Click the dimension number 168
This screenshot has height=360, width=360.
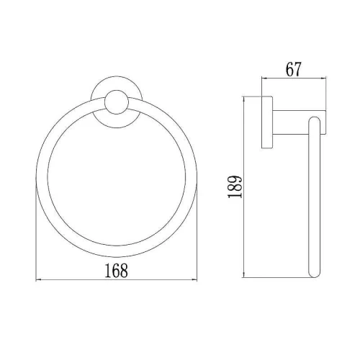coord(116,271)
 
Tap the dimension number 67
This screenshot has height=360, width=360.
coord(293,69)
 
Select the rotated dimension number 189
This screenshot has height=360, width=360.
coord(235,187)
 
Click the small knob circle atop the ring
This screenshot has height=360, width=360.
coord(116,102)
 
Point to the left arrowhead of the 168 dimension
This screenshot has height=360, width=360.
coord(38,279)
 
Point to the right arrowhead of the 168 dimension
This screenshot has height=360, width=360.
coord(194,279)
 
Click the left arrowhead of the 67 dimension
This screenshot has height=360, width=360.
coord(264,78)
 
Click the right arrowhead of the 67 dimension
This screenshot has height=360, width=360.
coord(323,78)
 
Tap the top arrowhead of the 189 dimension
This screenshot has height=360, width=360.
coord(244,99)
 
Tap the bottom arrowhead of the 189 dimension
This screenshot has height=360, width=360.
coord(244,275)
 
